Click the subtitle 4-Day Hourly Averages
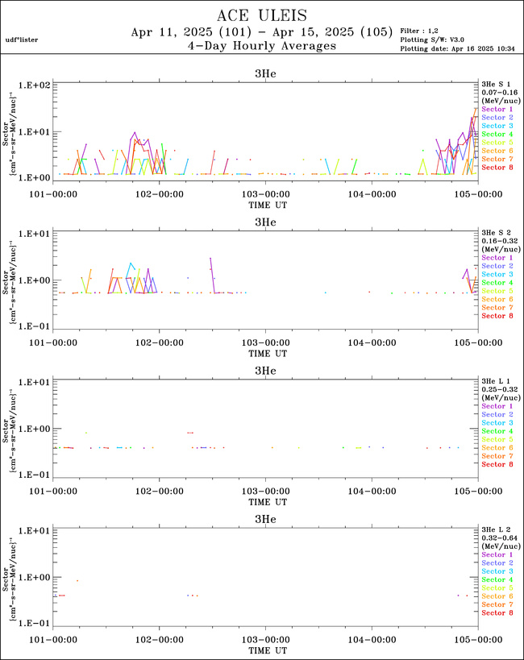(x=261, y=47)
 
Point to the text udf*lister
(x=22, y=39)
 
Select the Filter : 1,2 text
(x=421, y=30)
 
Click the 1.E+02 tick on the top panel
(x=35, y=85)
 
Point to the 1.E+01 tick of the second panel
(x=35, y=234)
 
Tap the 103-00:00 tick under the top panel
(x=265, y=194)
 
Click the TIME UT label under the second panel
(x=265, y=353)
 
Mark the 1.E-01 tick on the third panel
(x=35, y=475)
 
